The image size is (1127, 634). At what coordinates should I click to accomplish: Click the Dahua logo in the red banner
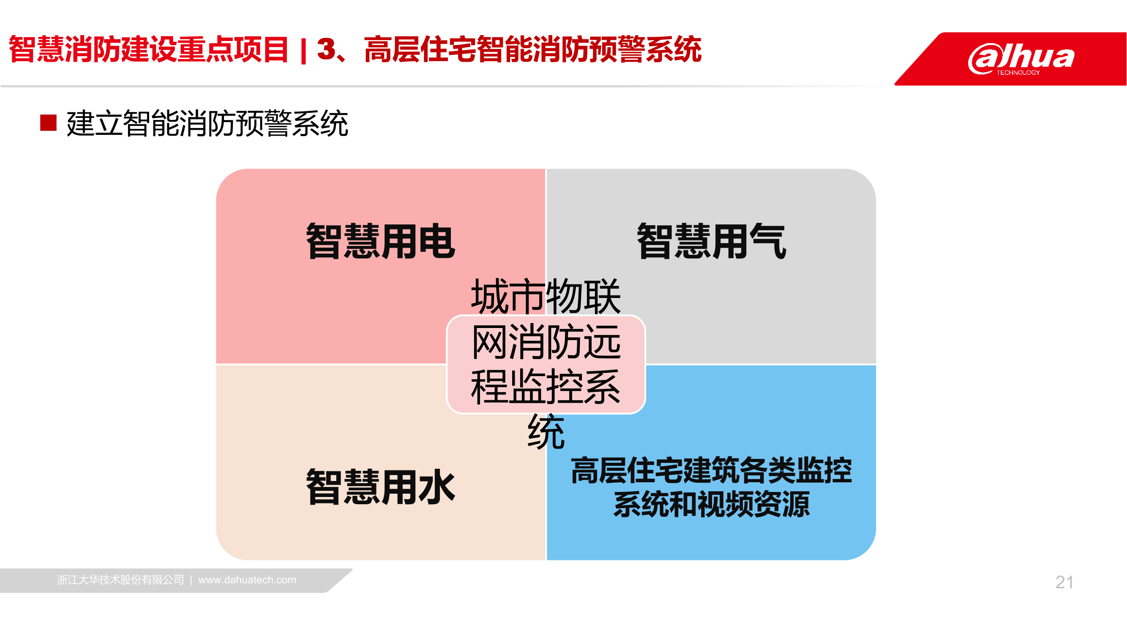point(1021,59)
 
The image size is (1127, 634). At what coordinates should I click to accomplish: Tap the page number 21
point(1064,582)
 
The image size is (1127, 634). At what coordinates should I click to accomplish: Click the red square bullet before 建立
point(48,123)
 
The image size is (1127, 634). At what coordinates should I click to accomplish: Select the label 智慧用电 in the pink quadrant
point(381,241)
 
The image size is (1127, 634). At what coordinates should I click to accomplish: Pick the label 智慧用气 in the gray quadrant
point(711,241)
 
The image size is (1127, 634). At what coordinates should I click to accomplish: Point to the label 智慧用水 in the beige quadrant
point(381,486)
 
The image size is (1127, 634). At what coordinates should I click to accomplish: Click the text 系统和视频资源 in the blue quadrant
point(711,504)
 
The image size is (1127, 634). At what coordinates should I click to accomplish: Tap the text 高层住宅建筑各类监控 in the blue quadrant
point(711,470)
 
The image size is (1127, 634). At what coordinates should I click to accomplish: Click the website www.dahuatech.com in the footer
point(247,580)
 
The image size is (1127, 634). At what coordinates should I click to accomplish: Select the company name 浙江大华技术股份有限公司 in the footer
point(120,580)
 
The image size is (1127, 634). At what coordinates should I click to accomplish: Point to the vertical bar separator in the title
point(304,50)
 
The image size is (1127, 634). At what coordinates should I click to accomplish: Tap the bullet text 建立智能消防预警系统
point(207,123)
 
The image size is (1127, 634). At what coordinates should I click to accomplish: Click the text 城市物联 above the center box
point(546,297)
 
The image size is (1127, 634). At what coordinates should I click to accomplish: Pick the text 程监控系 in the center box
point(546,387)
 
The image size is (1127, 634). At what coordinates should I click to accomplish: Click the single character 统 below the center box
point(546,432)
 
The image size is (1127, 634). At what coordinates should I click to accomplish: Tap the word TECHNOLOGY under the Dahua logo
point(1018,73)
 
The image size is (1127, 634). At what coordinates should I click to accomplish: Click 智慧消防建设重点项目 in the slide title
point(149,49)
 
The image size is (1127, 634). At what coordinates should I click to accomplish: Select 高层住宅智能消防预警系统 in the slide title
point(533,49)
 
